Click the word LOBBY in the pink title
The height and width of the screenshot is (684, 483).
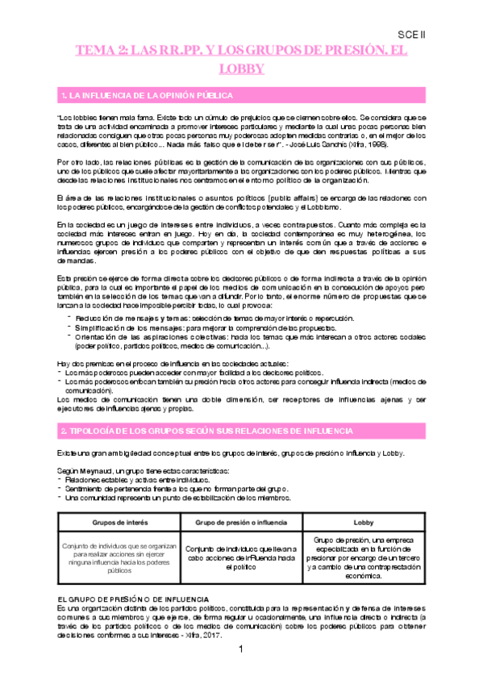(241, 69)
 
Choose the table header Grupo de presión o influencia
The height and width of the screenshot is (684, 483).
(241, 523)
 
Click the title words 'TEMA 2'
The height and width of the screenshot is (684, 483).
(98, 51)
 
